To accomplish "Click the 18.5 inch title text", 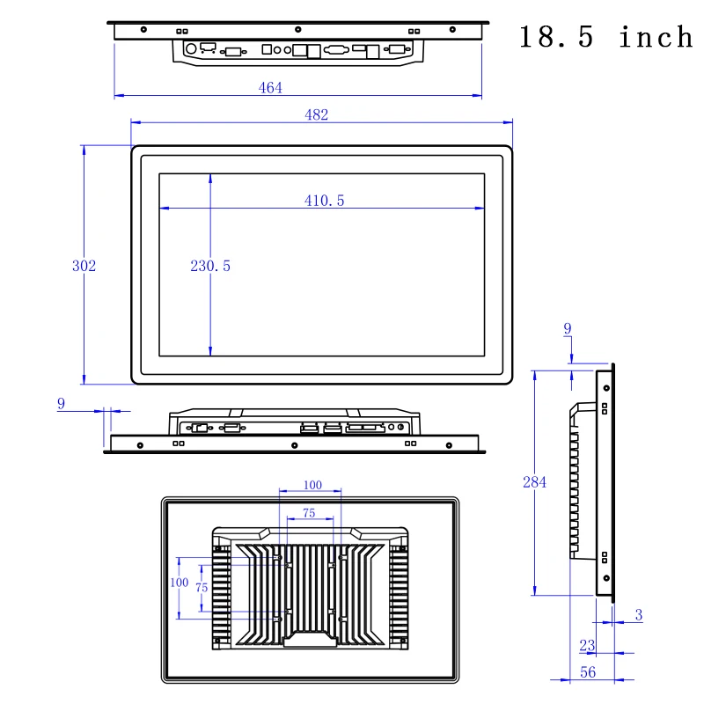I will pos(605,38).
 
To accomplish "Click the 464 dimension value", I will pos(270,87).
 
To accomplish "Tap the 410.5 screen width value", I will pos(324,201).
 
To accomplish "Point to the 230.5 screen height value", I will pos(210,266).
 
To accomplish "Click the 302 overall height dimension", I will pos(84,266).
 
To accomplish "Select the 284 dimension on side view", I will pos(534,482).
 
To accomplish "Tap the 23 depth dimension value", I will pos(587,645).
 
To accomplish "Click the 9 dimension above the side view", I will pos(568,329).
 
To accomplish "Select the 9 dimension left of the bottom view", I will pos(61,403).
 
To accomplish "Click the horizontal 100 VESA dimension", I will pos(312,485).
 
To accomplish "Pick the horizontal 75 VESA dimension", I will pos(310,512).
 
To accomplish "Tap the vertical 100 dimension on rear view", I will pos(179,583).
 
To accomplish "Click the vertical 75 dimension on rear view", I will pos(202,587).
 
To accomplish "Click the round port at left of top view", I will pos(190,49).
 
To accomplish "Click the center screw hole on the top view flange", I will pos(297,31).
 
